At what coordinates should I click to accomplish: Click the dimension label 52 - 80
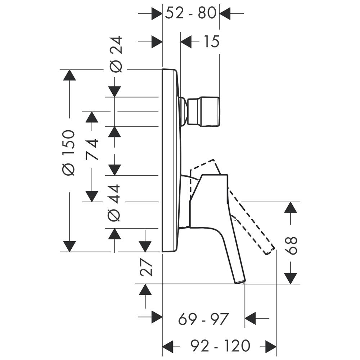190,13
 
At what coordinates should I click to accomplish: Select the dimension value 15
211,41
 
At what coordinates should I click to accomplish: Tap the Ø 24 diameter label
116,54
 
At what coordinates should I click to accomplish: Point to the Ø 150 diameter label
69,153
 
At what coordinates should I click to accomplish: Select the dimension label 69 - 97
203,319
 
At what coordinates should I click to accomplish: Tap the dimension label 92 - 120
220,346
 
